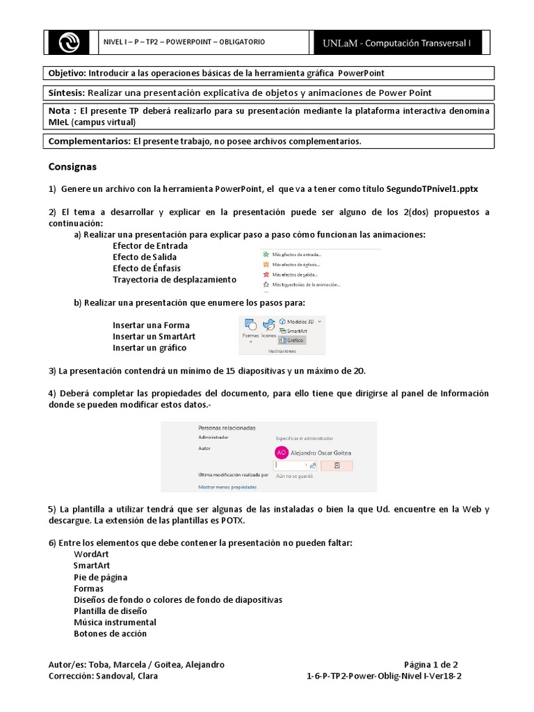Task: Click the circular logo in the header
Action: click(70, 42)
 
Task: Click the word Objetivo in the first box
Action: click(65, 73)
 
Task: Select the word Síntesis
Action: click(66, 92)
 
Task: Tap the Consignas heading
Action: click(72, 167)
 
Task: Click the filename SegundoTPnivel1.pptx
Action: click(432, 189)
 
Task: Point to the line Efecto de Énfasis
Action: click(147, 268)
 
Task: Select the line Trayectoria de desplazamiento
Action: click(174, 280)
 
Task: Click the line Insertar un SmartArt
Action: click(154, 337)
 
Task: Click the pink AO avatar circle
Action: click(282, 452)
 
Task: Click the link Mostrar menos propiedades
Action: click(227, 487)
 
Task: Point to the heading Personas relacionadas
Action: click(227, 428)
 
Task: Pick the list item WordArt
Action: click(91, 554)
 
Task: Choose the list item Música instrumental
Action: click(115, 622)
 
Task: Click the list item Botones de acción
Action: click(110, 633)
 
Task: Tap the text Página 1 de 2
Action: click(430, 664)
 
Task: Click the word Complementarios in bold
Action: click(88, 141)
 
